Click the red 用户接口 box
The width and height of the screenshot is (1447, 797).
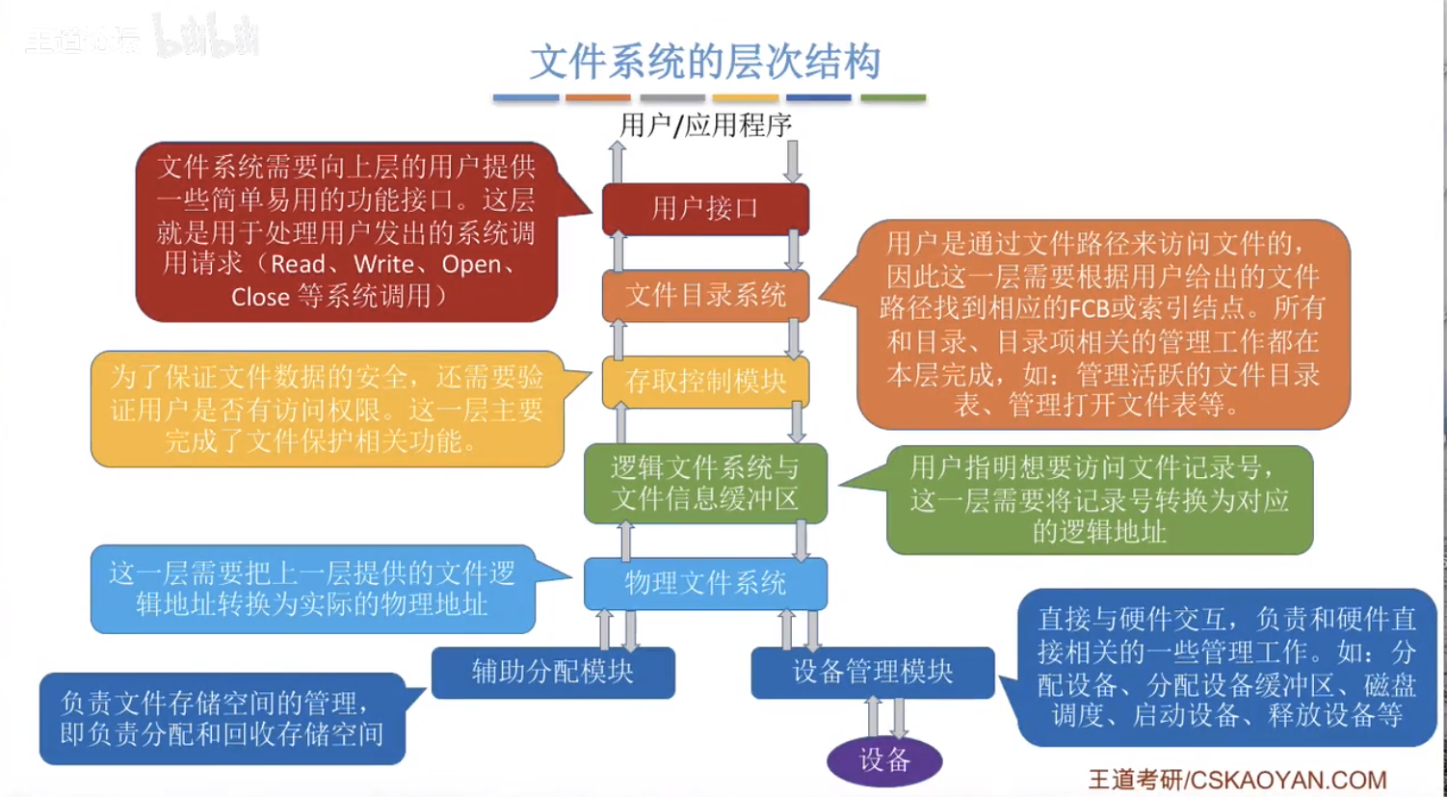tap(705, 209)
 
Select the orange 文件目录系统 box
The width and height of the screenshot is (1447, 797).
tap(705, 296)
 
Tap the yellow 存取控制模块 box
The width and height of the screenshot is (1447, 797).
tap(705, 382)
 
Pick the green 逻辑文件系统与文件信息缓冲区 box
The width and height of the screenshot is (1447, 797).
tap(705, 484)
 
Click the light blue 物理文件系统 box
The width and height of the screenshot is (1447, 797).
tap(705, 584)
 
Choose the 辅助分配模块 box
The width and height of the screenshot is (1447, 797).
tap(553, 673)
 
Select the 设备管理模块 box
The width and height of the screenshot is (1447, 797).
tap(873, 673)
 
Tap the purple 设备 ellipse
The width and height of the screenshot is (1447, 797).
tap(884, 760)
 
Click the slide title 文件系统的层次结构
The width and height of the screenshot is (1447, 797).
tap(705, 62)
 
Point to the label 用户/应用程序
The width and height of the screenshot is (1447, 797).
tap(705, 124)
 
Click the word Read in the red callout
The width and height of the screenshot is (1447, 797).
tap(298, 264)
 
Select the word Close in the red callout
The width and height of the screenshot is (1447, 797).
tap(260, 298)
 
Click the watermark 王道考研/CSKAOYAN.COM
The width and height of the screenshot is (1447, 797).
tap(1237, 780)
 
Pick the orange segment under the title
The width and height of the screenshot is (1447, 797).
tap(598, 97)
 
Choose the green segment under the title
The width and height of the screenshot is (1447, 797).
tap(893, 97)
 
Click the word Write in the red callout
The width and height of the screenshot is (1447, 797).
tap(384, 264)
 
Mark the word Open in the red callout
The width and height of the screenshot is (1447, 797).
tap(471, 265)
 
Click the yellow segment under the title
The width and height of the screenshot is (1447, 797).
tap(746, 97)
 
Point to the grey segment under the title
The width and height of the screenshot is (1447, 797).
tap(672, 97)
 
